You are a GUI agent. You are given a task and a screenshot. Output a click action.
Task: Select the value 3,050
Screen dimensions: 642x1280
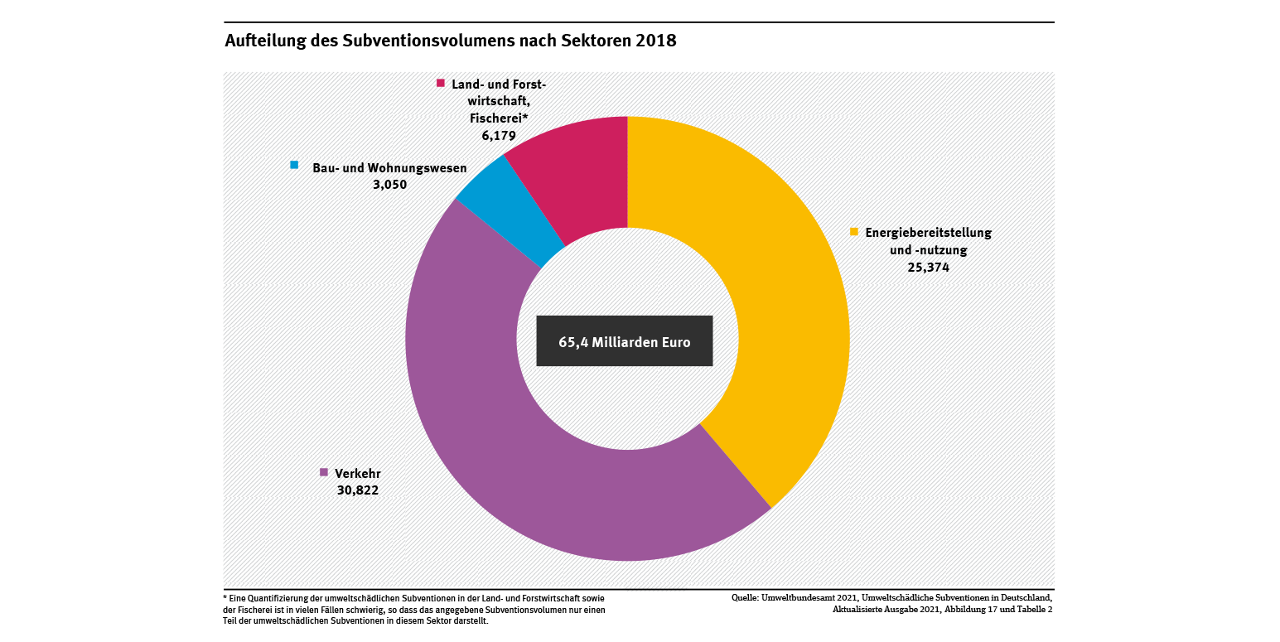pyautogui.click(x=389, y=185)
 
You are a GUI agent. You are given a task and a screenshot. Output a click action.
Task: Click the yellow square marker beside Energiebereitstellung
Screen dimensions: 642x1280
pyautogui.click(x=853, y=232)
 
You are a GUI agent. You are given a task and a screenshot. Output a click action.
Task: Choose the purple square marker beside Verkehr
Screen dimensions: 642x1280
pyautogui.click(x=324, y=472)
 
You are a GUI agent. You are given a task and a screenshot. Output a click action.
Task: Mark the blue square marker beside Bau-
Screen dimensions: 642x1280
pyautogui.click(x=294, y=165)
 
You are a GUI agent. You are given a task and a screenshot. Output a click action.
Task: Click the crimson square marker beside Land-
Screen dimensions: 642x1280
pyautogui.click(x=441, y=83)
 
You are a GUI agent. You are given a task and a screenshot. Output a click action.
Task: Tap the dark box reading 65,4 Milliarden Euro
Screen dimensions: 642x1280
pyautogui.click(x=624, y=341)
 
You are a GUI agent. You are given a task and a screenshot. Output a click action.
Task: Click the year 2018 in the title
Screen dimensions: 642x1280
pyautogui.click(x=656, y=41)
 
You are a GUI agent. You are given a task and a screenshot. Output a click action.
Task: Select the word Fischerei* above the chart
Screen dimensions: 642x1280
pyautogui.click(x=493, y=118)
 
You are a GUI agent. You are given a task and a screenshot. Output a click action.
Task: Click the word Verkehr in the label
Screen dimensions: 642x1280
pyautogui.click(x=358, y=474)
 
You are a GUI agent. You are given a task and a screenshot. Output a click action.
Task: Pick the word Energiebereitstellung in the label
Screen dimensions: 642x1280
pyautogui.click(x=928, y=233)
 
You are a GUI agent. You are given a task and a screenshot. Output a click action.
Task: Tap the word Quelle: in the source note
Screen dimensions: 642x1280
pyautogui.click(x=745, y=597)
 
